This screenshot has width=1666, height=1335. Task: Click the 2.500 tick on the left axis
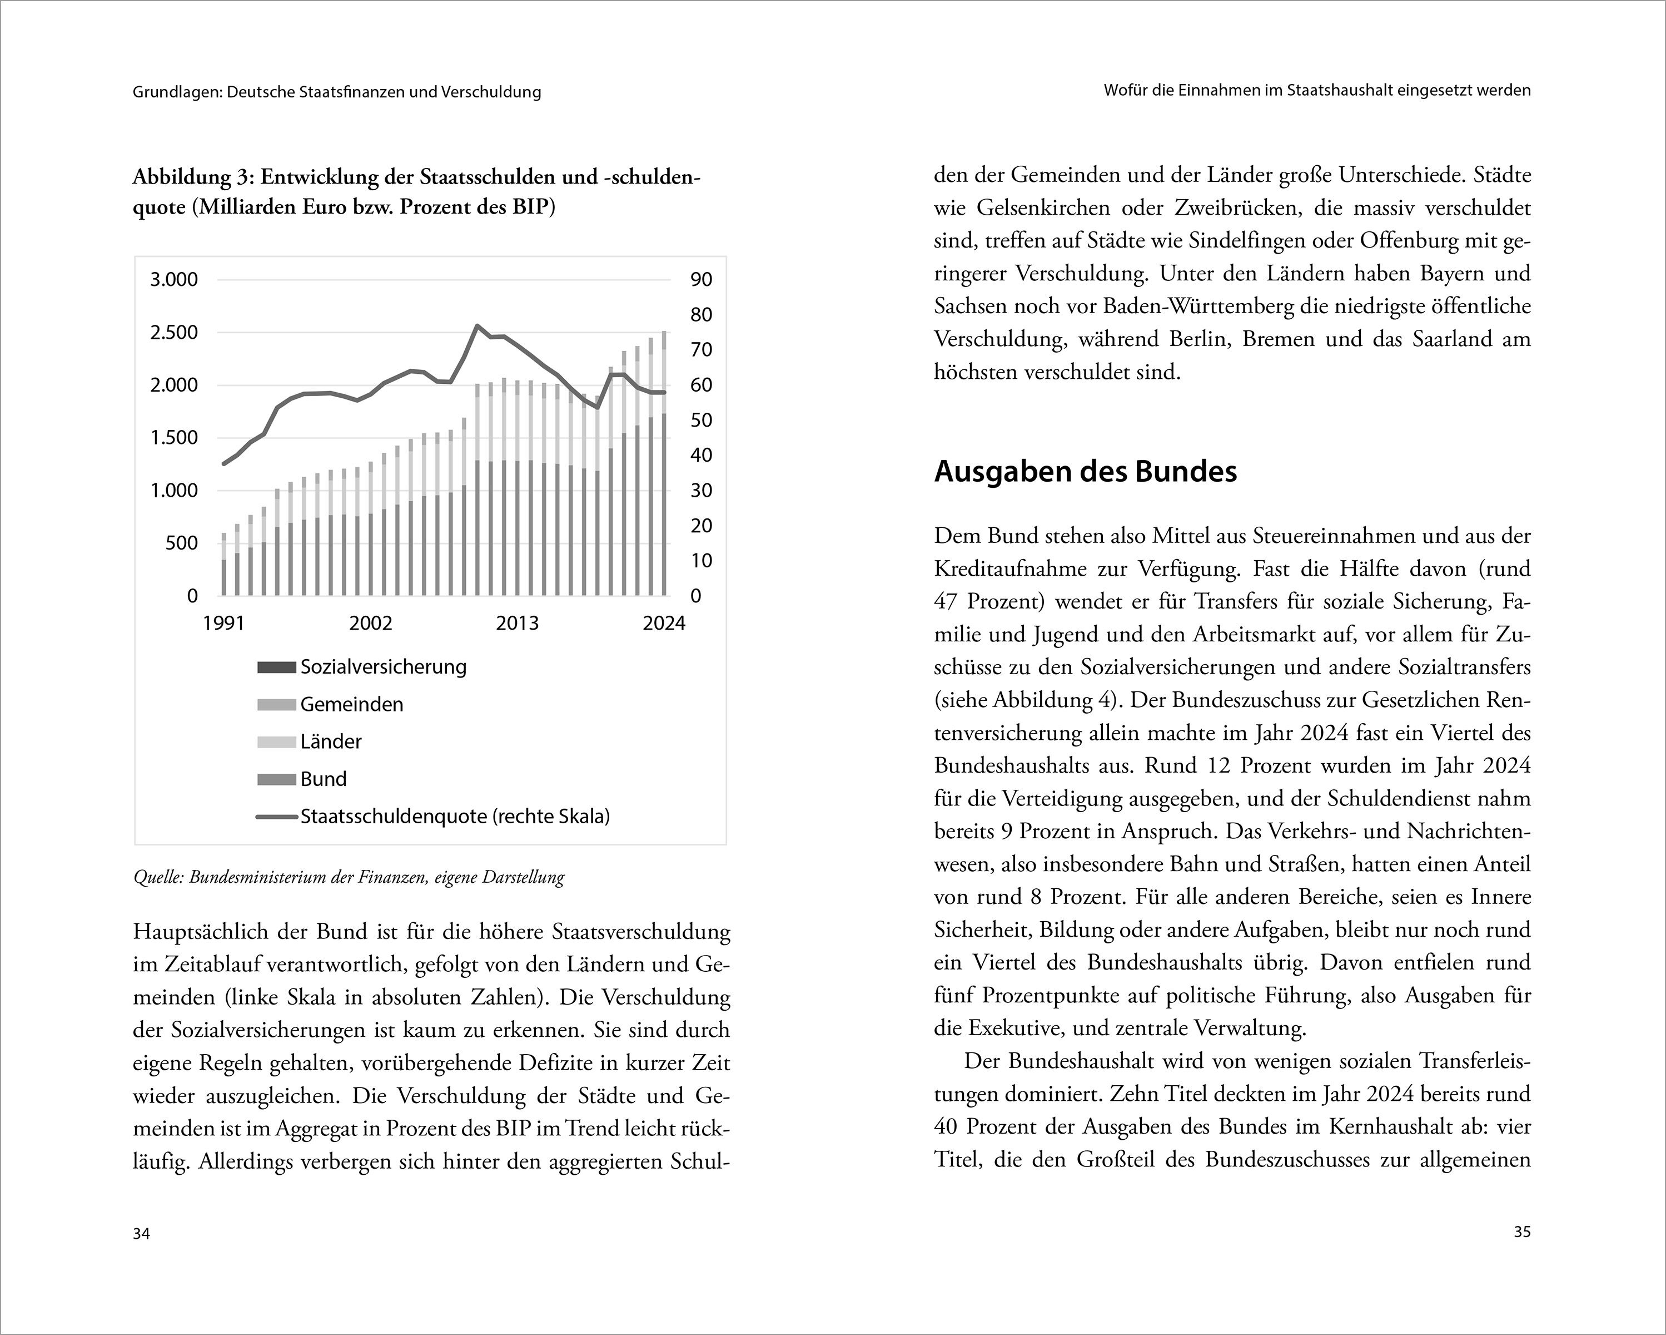(x=174, y=333)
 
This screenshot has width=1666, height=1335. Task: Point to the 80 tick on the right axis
(x=701, y=315)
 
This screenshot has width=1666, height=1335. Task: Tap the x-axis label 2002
(x=370, y=624)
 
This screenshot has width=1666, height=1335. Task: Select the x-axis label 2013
(x=517, y=624)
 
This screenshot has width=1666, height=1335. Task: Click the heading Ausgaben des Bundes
(x=1085, y=472)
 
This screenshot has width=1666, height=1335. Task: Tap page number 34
(x=141, y=1234)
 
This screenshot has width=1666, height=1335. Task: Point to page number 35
(x=1521, y=1232)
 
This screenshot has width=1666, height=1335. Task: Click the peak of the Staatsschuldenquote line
(x=477, y=325)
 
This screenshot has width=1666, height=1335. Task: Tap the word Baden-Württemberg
(x=1198, y=307)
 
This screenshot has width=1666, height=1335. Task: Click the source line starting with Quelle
(x=349, y=877)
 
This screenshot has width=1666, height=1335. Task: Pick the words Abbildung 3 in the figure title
(x=192, y=177)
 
